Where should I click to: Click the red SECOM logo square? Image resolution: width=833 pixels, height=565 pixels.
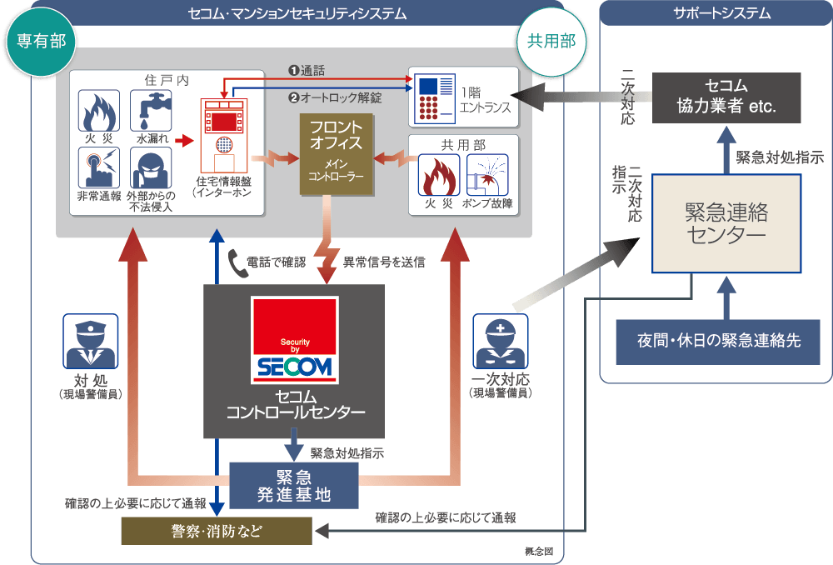point(294,340)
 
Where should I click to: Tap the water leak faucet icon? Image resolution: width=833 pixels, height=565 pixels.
point(151,111)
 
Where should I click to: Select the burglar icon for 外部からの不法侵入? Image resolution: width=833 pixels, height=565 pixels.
point(151,168)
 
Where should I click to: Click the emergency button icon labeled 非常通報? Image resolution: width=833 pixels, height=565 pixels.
point(99,168)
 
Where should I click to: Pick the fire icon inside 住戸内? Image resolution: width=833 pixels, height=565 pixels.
point(99,111)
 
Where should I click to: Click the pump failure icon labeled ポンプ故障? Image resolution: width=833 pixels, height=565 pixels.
point(487,175)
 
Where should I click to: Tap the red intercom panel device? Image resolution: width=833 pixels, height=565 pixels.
point(223,136)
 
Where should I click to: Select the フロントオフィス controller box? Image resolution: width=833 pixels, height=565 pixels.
point(337,154)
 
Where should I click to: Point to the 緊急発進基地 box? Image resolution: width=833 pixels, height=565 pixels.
point(294,486)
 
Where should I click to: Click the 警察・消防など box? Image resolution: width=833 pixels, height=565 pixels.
point(217,531)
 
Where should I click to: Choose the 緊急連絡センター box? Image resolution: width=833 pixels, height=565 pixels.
point(726,224)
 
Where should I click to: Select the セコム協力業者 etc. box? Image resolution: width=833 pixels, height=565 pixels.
point(726,97)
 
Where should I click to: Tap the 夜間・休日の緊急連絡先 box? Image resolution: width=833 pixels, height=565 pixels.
point(718,342)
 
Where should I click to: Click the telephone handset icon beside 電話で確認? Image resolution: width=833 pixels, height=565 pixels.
point(237,263)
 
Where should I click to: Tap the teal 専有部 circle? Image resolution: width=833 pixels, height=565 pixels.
point(41,41)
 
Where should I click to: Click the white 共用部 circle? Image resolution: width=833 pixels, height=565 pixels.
point(551,41)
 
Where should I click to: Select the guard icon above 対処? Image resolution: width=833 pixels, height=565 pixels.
point(90,341)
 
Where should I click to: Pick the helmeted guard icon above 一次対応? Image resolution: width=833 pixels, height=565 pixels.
point(501,341)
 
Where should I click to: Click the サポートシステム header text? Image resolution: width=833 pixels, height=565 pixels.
point(722,12)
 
